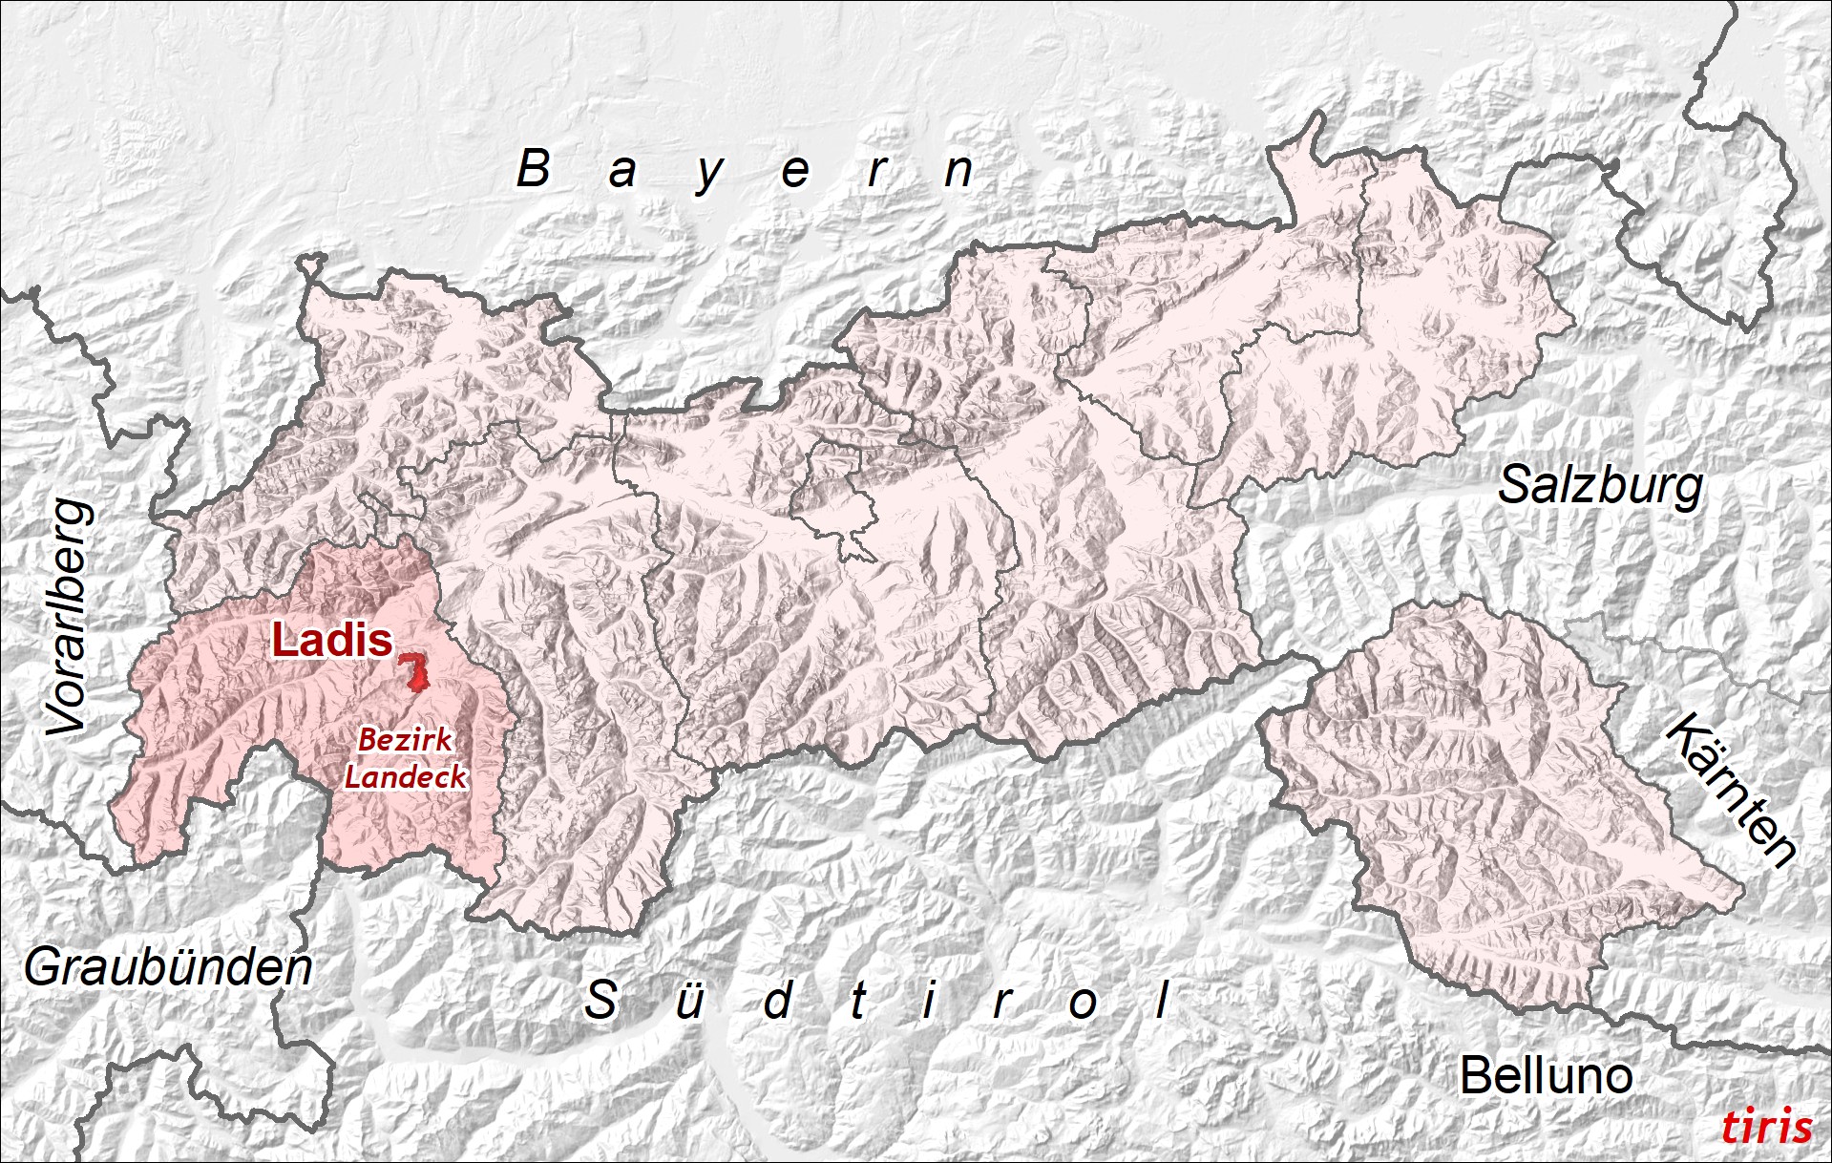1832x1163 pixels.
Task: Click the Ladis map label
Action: pyautogui.click(x=332, y=641)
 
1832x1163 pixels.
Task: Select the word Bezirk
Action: pyautogui.click(x=405, y=740)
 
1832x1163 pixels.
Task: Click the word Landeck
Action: pyautogui.click(x=406, y=776)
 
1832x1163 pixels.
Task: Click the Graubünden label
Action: pyautogui.click(x=168, y=968)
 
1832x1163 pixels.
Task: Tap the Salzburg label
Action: pyautogui.click(x=1600, y=486)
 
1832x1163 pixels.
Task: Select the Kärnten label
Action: pyautogui.click(x=1731, y=790)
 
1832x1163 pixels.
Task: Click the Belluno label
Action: pyautogui.click(x=1546, y=1076)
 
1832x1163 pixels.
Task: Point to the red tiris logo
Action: pyautogui.click(x=1766, y=1128)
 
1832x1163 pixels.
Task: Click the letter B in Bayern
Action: pyautogui.click(x=534, y=169)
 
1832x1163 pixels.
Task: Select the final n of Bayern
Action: pyautogui.click(x=958, y=172)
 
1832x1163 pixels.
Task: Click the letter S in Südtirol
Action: pyautogui.click(x=600, y=1000)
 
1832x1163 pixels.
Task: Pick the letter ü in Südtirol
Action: pyautogui.click(x=689, y=1001)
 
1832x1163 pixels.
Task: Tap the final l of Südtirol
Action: pyautogui.click(x=1162, y=999)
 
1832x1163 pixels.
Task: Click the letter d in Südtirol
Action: pyautogui.click(x=778, y=1000)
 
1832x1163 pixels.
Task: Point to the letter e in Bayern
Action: pyautogui.click(x=795, y=173)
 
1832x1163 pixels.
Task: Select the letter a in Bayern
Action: pyautogui.click(x=622, y=173)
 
